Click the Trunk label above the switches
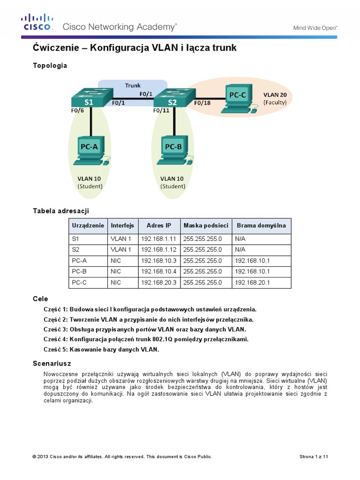click(132, 85)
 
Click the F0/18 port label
click(202, 102)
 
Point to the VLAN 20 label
click(275, 94)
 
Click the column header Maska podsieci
click(206, 225)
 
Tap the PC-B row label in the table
click(79, 271)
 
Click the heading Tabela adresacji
click(60, 211)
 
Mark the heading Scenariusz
click(52, 363)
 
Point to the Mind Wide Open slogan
click(315, 28)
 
